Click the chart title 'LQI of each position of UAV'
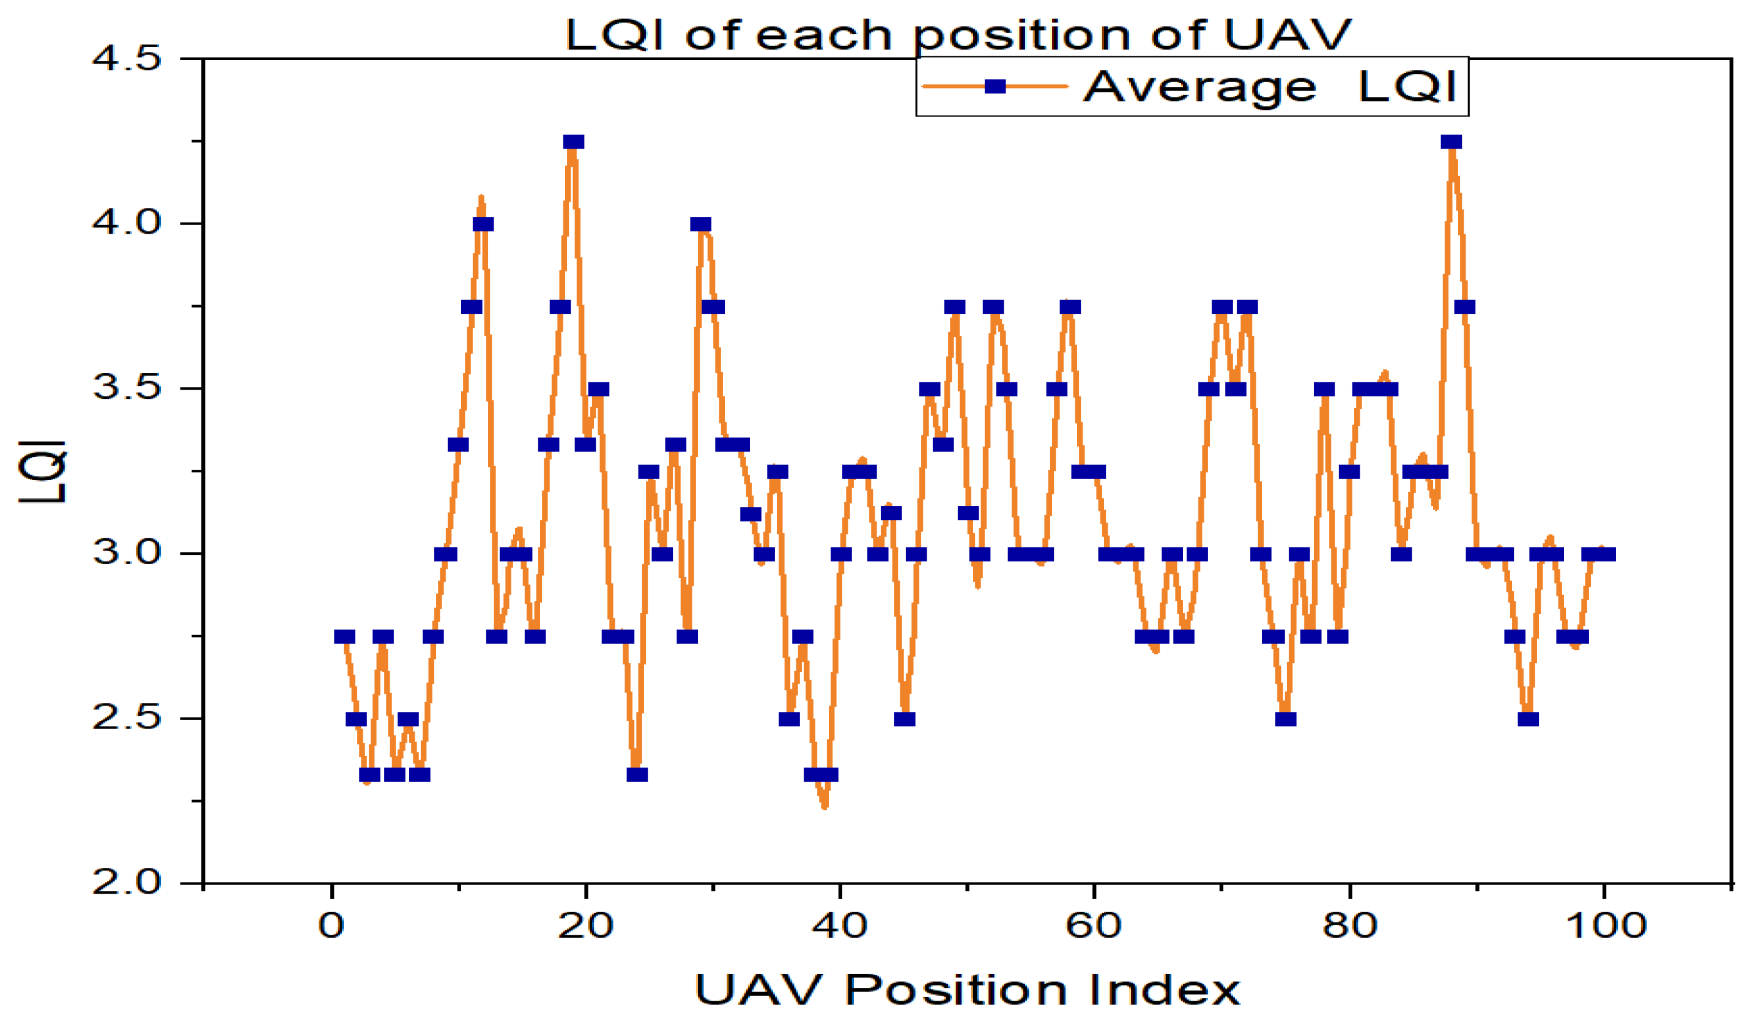[x=958, y=35]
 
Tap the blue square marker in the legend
[x=995, y=87]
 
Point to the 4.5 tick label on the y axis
[x=127, y=58]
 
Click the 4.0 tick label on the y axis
[x=127, y=223]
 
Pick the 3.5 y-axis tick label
[x=127, y=388]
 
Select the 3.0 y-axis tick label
[x=127, y=553]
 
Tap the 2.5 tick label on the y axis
[x=127, y=718]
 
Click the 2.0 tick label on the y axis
[x=127, y=883]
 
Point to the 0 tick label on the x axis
[x=331, y=926]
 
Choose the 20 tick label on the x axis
[x=585, y=926]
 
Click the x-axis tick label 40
[x=839, y=926]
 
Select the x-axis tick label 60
[x=1094, y=926]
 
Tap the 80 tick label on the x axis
[x=1349, y=926]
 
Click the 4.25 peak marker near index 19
[x=573, y=142]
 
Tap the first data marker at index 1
[x=344, y=636]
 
